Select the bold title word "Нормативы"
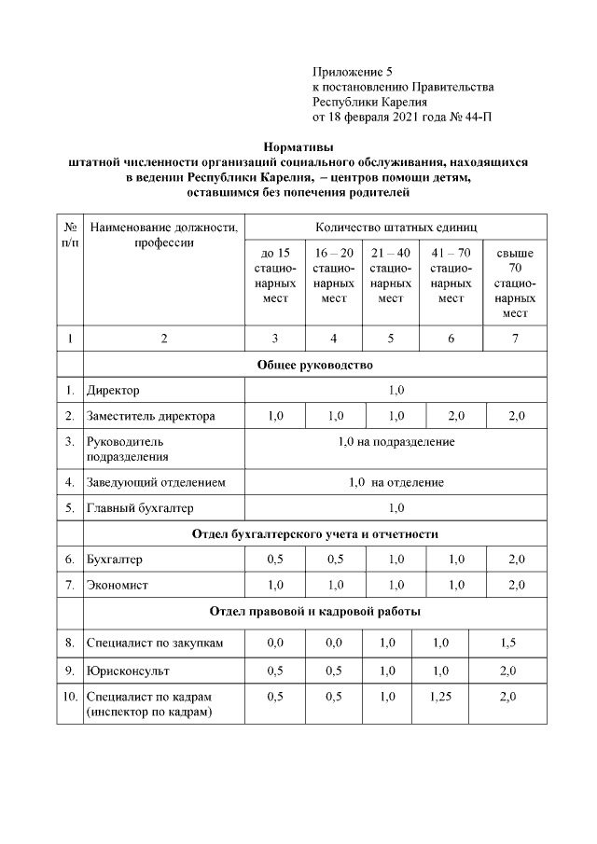298,146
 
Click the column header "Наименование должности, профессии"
163,235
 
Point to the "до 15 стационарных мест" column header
274,275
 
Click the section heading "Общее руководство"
314,364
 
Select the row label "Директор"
113,390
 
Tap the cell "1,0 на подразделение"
396,442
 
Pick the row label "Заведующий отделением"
155,482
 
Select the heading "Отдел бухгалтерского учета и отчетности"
314,534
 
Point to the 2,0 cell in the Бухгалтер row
515,560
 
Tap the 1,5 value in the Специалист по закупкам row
507,643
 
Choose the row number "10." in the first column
70,696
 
